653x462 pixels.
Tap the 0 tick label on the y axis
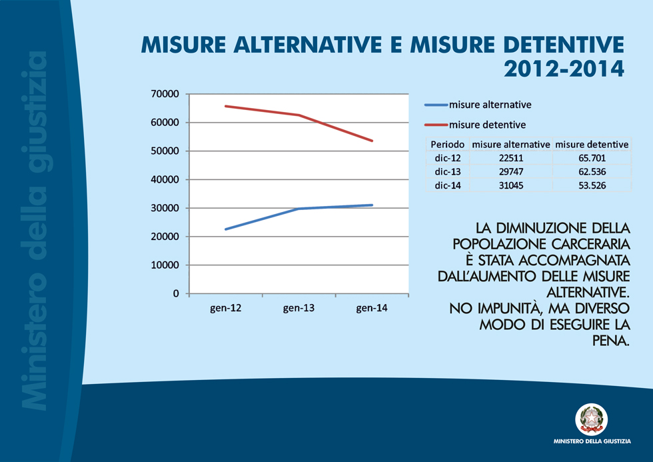[x=177, y=293]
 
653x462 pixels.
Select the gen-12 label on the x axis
[x=225, y=308]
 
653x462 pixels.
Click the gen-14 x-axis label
[x=372, y=308]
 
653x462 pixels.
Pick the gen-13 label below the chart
[x=299, y=308]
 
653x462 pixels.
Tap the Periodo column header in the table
[x=447, y=144]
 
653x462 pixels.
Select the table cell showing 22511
[x=511, y=158]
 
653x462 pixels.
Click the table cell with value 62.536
[x=592, y=171]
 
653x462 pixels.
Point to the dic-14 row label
[x=447, y=185]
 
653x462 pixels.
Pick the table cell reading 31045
[x=511, y=185]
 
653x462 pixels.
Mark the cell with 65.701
[x=592, y=158]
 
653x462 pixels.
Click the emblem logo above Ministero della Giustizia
[x=591, y=419]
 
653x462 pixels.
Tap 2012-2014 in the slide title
[x=564, y=68]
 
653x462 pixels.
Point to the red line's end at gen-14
[x=372, y=141]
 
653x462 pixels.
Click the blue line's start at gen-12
[x=225, y=229]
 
